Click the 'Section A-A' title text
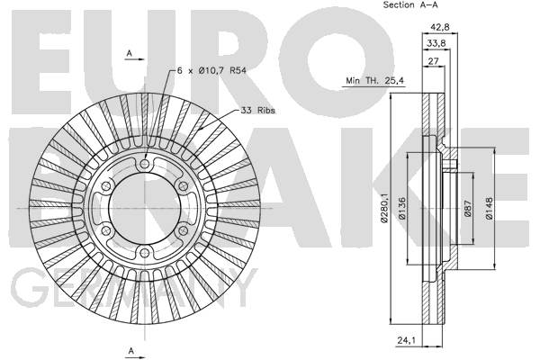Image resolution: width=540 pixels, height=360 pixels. (x=410, y=4)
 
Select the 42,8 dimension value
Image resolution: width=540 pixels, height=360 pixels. (x=440, y=27)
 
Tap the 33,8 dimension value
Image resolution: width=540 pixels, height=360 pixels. (x=436, y=43)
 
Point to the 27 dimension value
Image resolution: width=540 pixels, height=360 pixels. (x=433, y=61)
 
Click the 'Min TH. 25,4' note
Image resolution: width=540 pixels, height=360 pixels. (x=374, y=81)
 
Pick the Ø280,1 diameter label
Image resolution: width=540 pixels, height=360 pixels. (x=384, y=208)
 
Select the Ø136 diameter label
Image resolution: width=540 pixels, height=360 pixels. (x=401, y=209)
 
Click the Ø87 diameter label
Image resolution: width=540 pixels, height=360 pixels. (x=467, y=209)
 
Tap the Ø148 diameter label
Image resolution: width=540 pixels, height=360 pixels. (x=489, y=209)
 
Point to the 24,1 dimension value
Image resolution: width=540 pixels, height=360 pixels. (x=407, y=340)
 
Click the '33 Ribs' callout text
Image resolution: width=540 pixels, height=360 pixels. (x=257, y=110)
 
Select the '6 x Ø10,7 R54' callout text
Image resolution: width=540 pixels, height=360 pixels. (x=211, y=70)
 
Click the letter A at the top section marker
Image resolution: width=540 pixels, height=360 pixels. (x=129, y=53)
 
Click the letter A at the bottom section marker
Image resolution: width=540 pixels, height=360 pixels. (x=130, y=351)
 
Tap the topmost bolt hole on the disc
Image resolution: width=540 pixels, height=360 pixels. (x=145, y=164)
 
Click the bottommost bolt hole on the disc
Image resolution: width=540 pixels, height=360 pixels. (x=145, y=253)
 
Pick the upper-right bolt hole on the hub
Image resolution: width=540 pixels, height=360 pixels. (x=183, y=186)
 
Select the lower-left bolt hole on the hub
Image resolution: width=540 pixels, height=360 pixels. (x=106, y=230)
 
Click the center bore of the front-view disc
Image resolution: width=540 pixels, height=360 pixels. (x=145, y=209)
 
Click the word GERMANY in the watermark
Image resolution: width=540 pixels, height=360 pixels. (x=134, y=288)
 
